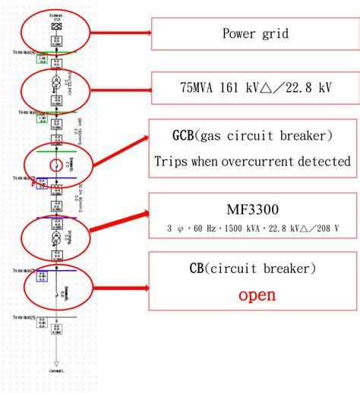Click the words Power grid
255,33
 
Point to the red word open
256,294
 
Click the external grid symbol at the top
55,27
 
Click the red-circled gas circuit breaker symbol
55,165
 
